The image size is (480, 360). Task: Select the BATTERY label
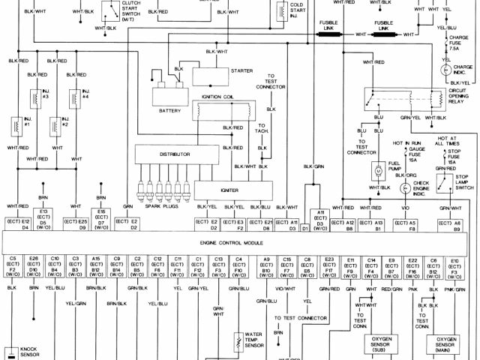point(170,110)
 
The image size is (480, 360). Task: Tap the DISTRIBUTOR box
point(175,154)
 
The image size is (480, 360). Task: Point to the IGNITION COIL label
point(220,97)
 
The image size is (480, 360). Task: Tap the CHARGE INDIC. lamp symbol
point(447,69)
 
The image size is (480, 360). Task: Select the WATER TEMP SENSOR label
point(254,340)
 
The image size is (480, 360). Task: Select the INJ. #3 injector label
point(46,94)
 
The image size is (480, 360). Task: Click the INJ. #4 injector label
point(86,94)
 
